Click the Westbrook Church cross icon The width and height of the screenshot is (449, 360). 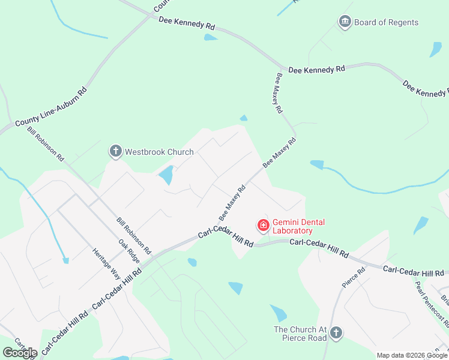tap(115, 151)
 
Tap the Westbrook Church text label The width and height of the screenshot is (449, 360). tap(159, 152)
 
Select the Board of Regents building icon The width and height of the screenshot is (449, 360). tap(345, 23)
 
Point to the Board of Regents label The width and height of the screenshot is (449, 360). tap(386, 23)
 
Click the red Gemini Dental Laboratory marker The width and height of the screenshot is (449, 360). tap(263, 226)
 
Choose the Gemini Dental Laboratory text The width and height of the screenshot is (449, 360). tap(298, 226)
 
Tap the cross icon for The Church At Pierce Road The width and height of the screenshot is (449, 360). tap(336, 332)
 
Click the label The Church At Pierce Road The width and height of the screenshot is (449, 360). tap(301, 334)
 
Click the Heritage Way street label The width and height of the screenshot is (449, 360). tap(106, 263)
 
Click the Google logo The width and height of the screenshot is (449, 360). tap(20, 353)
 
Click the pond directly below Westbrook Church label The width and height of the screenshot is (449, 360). tap(165, 175)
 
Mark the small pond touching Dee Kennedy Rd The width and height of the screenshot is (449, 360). tap(210, 37)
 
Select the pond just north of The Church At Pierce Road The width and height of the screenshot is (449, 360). tap(278, 313)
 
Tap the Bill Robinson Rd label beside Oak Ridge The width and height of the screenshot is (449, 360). tap(134, 233)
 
